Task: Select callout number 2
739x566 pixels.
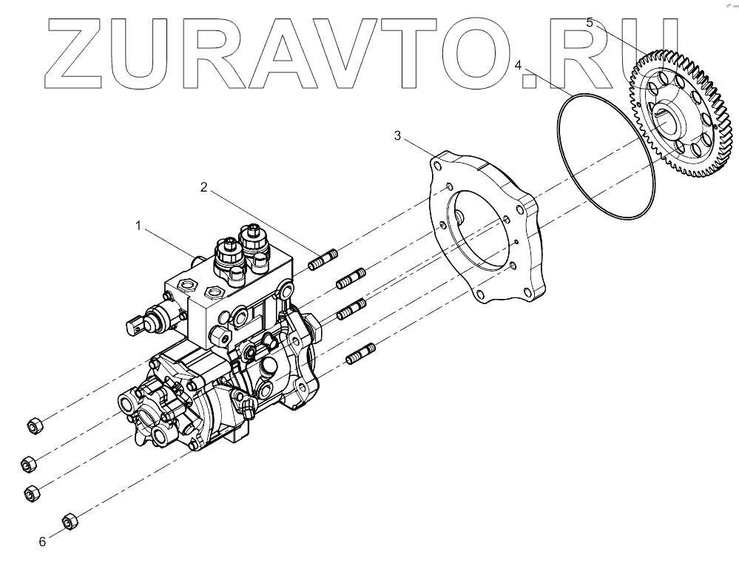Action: [203, 187]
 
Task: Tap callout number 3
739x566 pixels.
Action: [397, 136]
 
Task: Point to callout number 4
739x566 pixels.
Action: [519, 65]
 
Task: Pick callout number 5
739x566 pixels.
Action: [590, 23]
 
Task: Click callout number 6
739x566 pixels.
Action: [42, 542]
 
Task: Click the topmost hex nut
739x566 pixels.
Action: [33, 425]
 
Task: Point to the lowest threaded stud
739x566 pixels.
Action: [360, 354]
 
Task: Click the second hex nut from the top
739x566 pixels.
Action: [27, 462]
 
